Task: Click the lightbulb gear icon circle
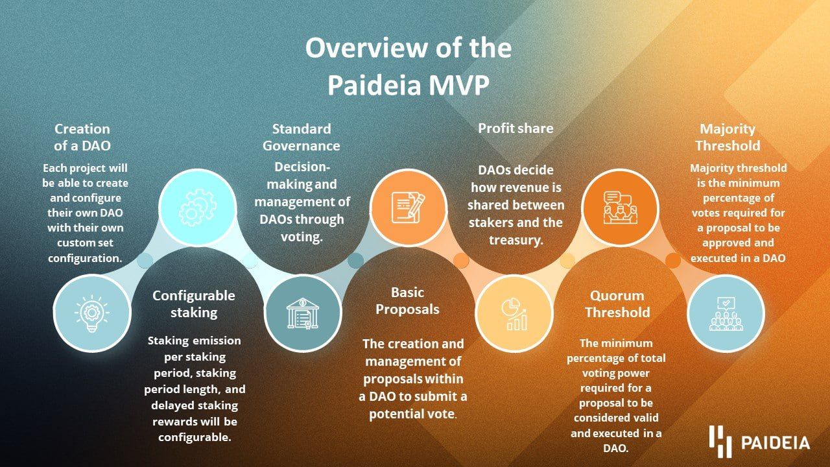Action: tap(92, 313)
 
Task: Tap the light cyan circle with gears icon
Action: tap(198, 208)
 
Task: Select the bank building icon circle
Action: tap(303, 313)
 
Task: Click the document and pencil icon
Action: tap(409, 208)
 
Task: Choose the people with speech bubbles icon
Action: tap(621, 208)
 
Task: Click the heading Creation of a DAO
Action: tap(82, 137)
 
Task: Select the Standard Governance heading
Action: tap(302, 137)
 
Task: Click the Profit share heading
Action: tap(516, 128)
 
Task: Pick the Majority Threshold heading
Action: tap(728, 137)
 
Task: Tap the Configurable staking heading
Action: tap(194, 304)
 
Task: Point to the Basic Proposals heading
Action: tap(408, 300)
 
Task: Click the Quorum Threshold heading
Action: tap(617, 304)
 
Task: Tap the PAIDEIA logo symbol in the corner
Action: tap(720, 442)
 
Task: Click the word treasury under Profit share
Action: tap(516, 240)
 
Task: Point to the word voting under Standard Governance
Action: tap(302, 237)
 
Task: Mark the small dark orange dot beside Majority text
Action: tap(673, 260)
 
